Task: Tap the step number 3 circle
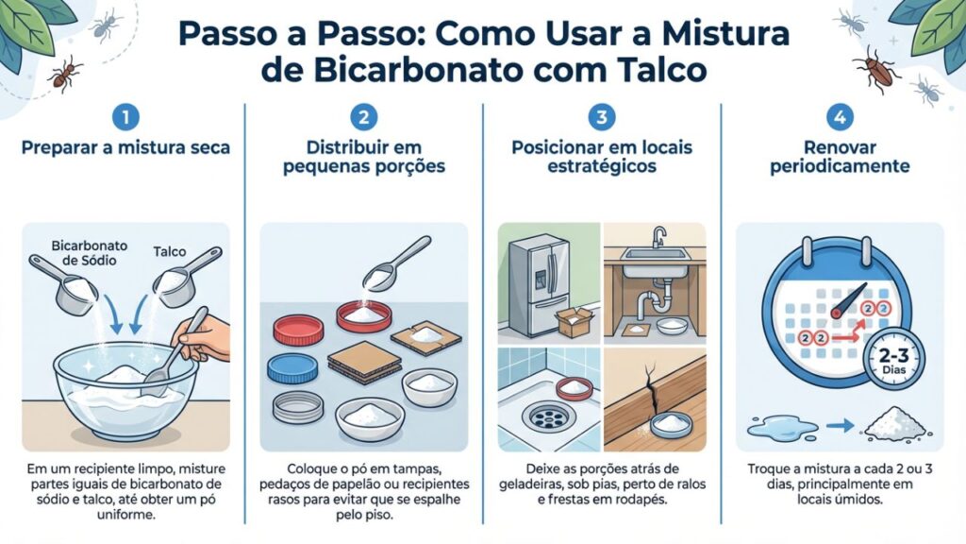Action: pyautogui.click(x=601, y=118)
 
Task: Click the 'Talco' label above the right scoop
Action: pyautogui.click(x=171, y=252)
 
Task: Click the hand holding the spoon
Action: pyautogui.click(x=207, y=339)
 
